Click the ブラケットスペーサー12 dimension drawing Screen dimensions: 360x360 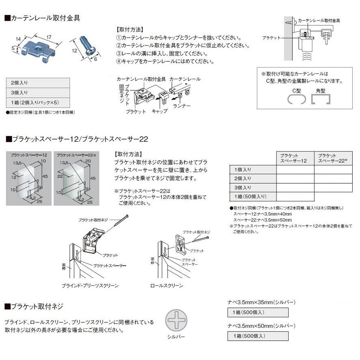tap(29, 179)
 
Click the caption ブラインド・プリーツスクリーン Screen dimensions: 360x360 tap(90, 286)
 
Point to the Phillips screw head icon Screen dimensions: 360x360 tap(176, 320)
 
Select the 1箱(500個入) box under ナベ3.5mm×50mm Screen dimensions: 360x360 tap(258, 336)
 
